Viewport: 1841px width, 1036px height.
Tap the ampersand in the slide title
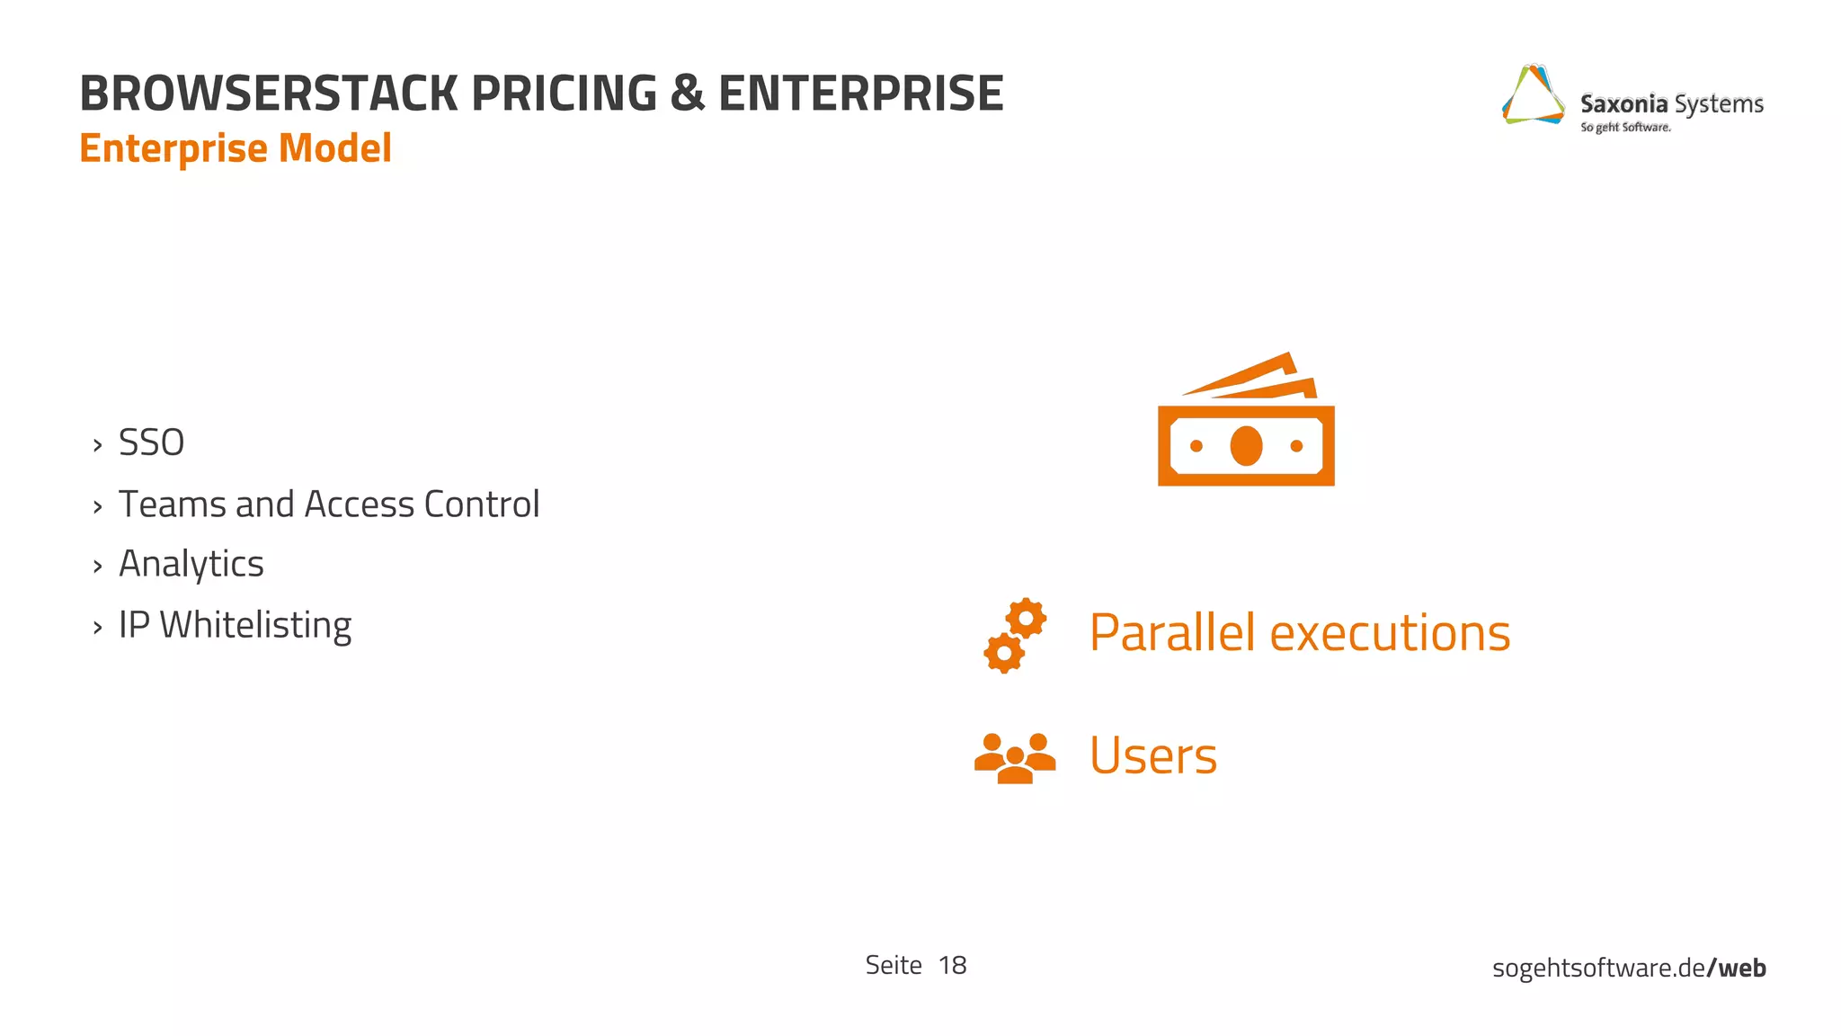point(687,94)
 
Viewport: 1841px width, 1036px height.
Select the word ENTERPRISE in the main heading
point(860,94)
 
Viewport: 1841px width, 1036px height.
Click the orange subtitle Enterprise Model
point(236,148)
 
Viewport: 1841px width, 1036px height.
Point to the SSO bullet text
point(151,443)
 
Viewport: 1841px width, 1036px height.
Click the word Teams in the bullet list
point(172,505)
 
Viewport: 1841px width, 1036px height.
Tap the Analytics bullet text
point(191,565)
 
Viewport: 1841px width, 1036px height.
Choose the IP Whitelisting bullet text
point(235,625)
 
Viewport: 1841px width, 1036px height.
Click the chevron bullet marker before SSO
point(97,445)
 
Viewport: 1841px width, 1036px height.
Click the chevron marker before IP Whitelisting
point(97,628)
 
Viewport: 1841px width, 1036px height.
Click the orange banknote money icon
point(1246,423)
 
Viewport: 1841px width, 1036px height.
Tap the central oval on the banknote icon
point(1246,446)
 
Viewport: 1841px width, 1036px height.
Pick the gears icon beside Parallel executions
point(1015,635)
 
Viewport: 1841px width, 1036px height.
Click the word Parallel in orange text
point(1171,632)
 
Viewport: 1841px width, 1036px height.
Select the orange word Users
point(1152,755)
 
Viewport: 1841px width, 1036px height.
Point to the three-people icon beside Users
point(1015,758)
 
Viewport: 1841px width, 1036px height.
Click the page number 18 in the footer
point(952,966)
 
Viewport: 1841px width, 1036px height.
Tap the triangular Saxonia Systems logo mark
point(1534,95)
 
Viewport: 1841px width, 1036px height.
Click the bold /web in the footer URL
point(1737,969)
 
